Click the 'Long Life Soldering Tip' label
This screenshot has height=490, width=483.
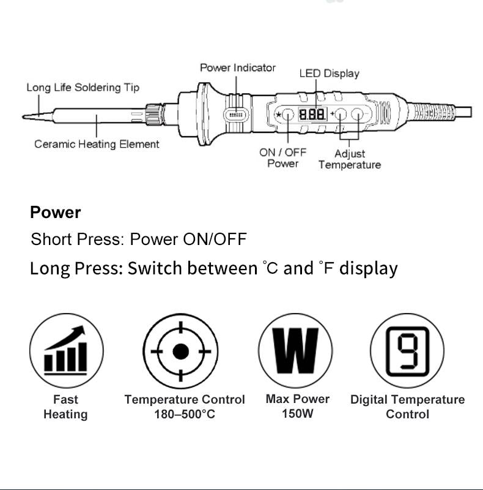point(83,88)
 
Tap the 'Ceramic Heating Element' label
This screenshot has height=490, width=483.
point(97,145)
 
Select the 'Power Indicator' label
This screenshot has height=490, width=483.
point(238,68)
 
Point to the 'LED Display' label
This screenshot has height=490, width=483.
point(329,73)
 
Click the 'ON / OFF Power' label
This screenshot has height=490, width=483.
point(282,158)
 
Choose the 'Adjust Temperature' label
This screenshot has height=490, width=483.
point(349,159)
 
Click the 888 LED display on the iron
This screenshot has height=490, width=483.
point(311,115)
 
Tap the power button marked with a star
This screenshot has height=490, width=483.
point(286,115)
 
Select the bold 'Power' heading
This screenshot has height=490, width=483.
point(56,213)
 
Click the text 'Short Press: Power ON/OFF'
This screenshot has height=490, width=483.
point(139,239)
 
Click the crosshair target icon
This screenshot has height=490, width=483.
point(180,352)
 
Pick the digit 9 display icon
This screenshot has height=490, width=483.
point(407,351)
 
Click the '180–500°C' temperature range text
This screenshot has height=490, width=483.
point(185,415)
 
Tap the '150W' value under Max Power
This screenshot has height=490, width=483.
point(297,413)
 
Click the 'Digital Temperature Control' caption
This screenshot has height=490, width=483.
point(407,407)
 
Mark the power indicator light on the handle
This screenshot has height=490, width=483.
point(235,115)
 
